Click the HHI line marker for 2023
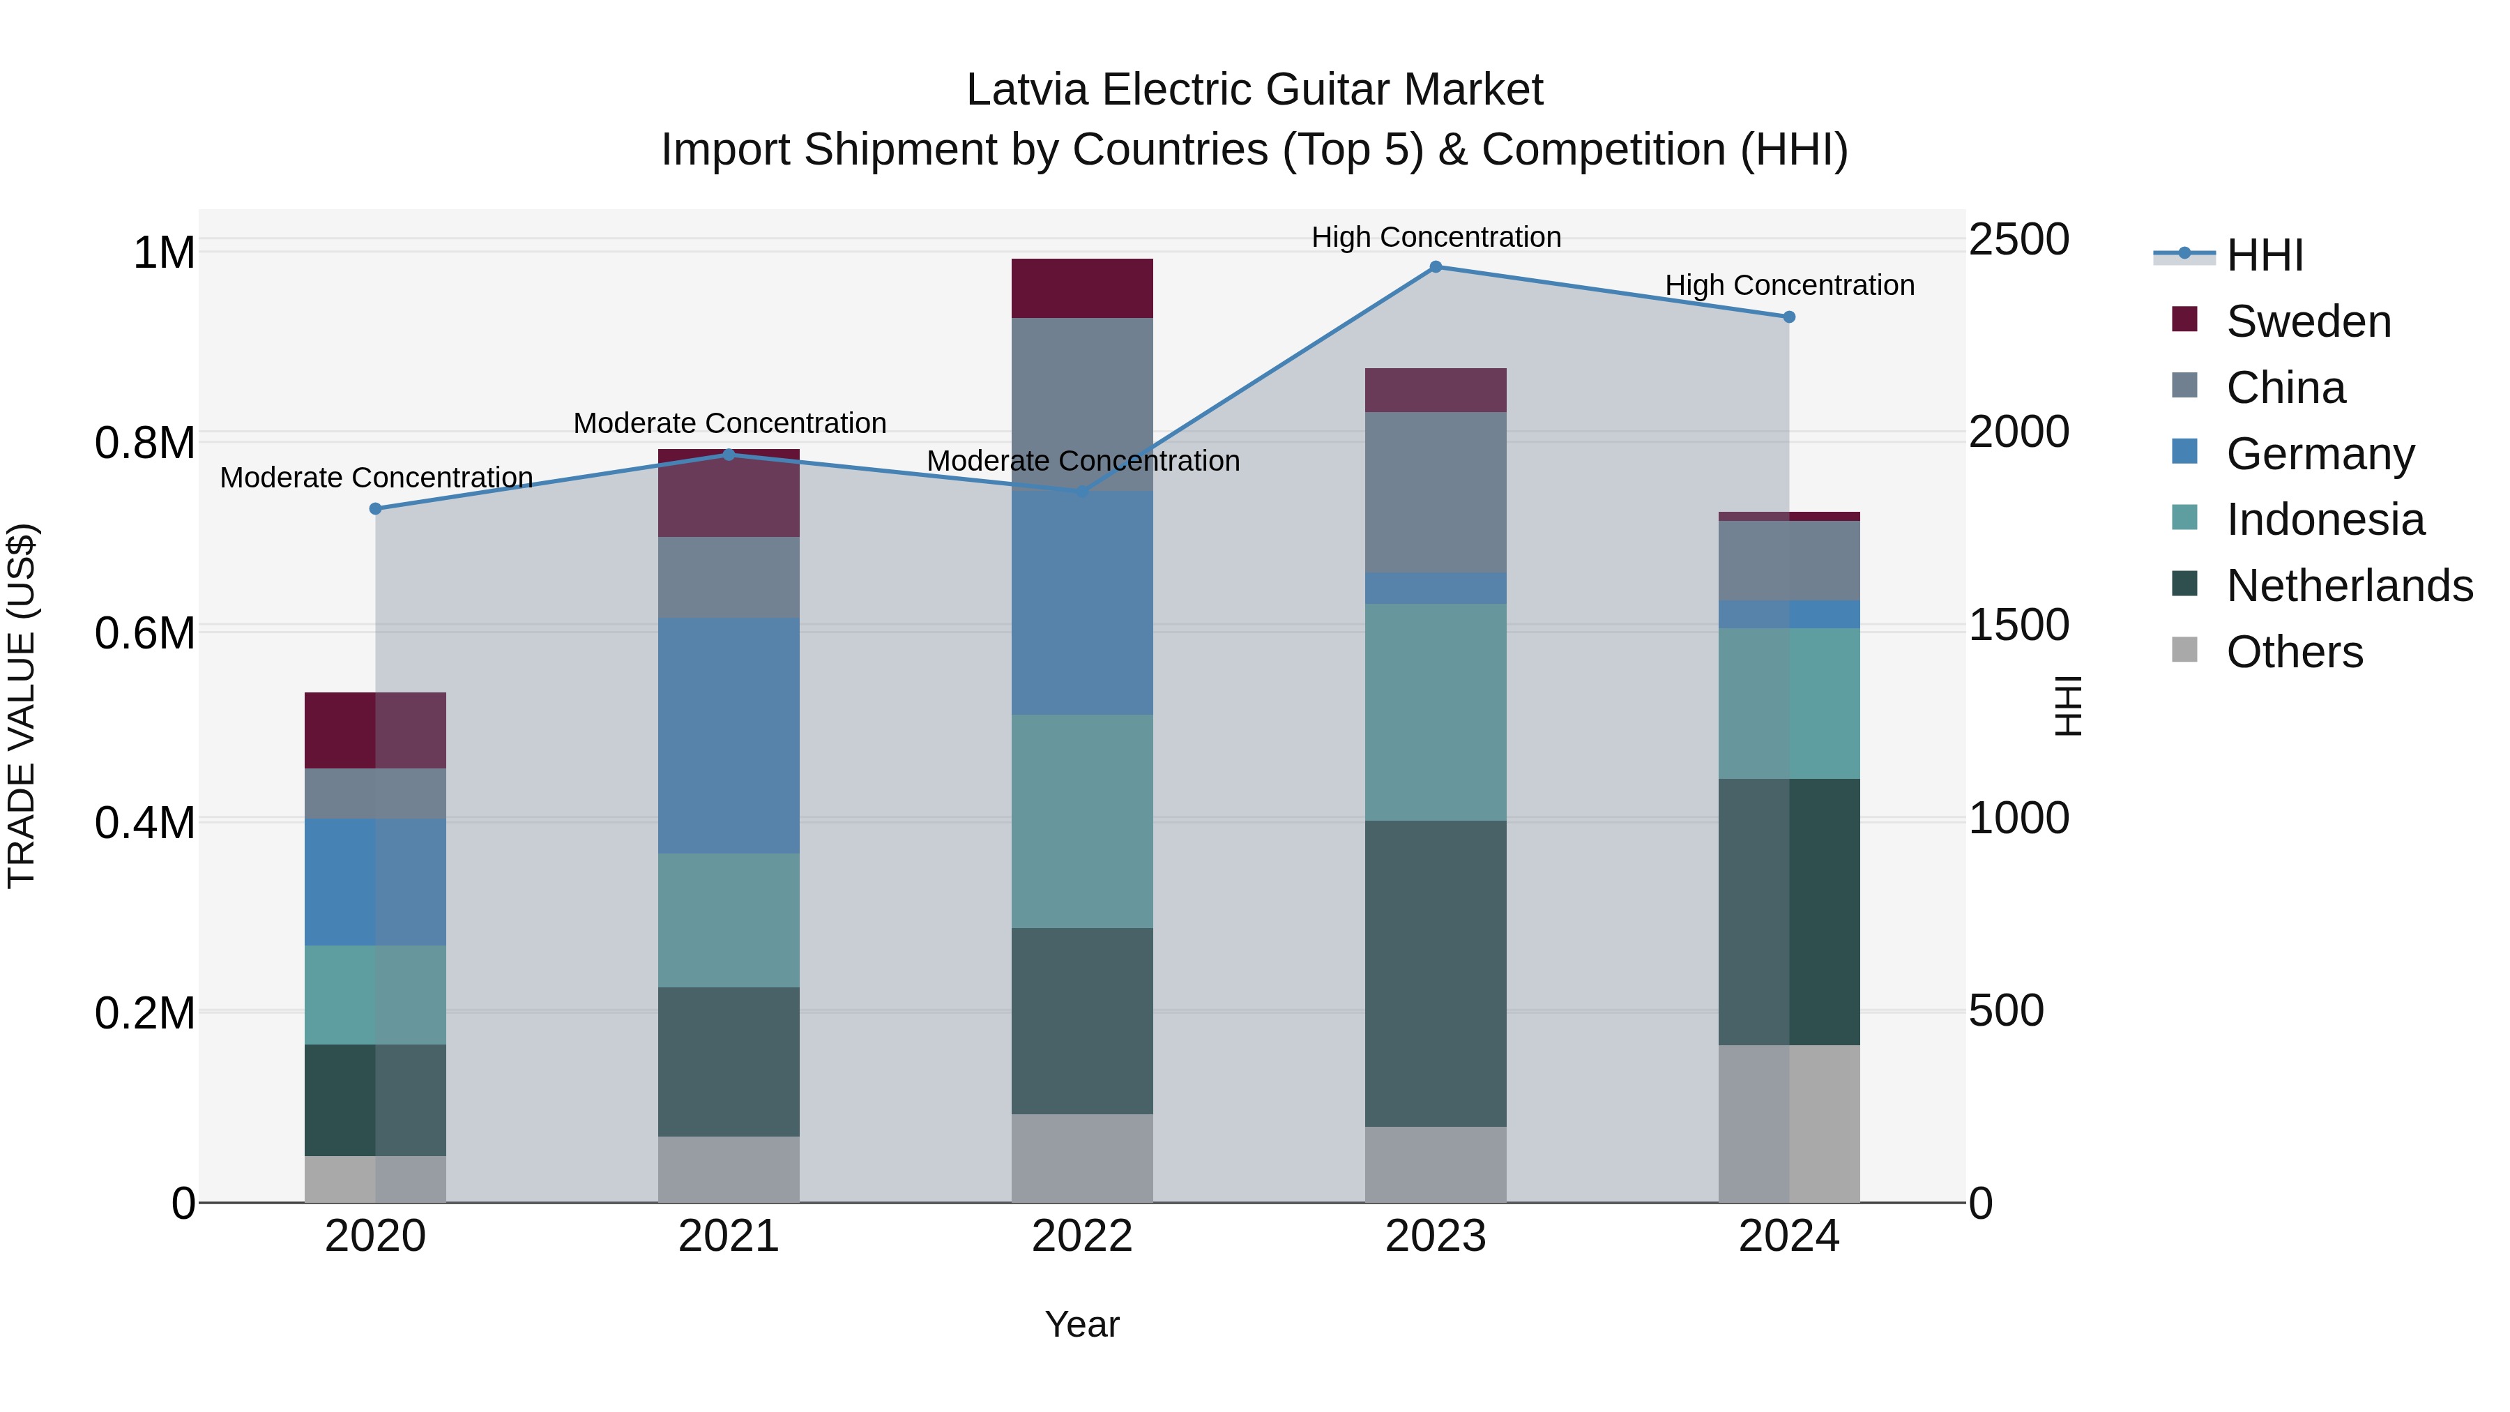(x=1436, y=267)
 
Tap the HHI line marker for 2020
(x=375, y=509)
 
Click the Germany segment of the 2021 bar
(x=729, y=736)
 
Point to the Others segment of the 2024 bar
(x=1789, y=1123)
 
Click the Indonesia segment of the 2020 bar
(x=375, y=995)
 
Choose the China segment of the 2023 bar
(x=1436, y=492)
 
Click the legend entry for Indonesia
(x=2324, y=519)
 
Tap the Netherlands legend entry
(x=2348, y=586)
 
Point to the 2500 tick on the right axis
(x=2019, y=240)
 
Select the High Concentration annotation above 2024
(x=1789, y=285)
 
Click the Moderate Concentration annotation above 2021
(x=730, y=423)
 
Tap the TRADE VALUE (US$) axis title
(x=22, y=706)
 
